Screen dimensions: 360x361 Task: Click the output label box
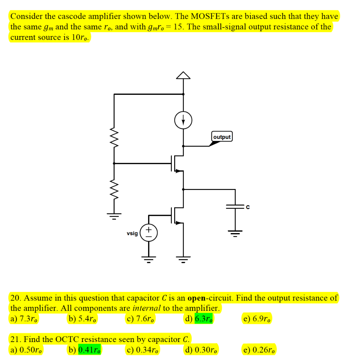pyautogui.click(x=222, y=137)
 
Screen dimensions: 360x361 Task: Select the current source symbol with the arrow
pyautogui.click(x=183, y=120)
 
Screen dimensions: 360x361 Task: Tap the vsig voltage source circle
pyautogui.click(x=148, y=233)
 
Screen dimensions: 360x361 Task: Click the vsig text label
pyautogui.click(x=132, y=233)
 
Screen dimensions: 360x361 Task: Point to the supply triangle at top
pyautogui.click(x=183, y=75)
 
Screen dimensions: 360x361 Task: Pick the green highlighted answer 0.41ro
pyautogui.click(x=90, y=350)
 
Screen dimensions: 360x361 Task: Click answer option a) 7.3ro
pyautogui.click(x=25, y=319)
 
